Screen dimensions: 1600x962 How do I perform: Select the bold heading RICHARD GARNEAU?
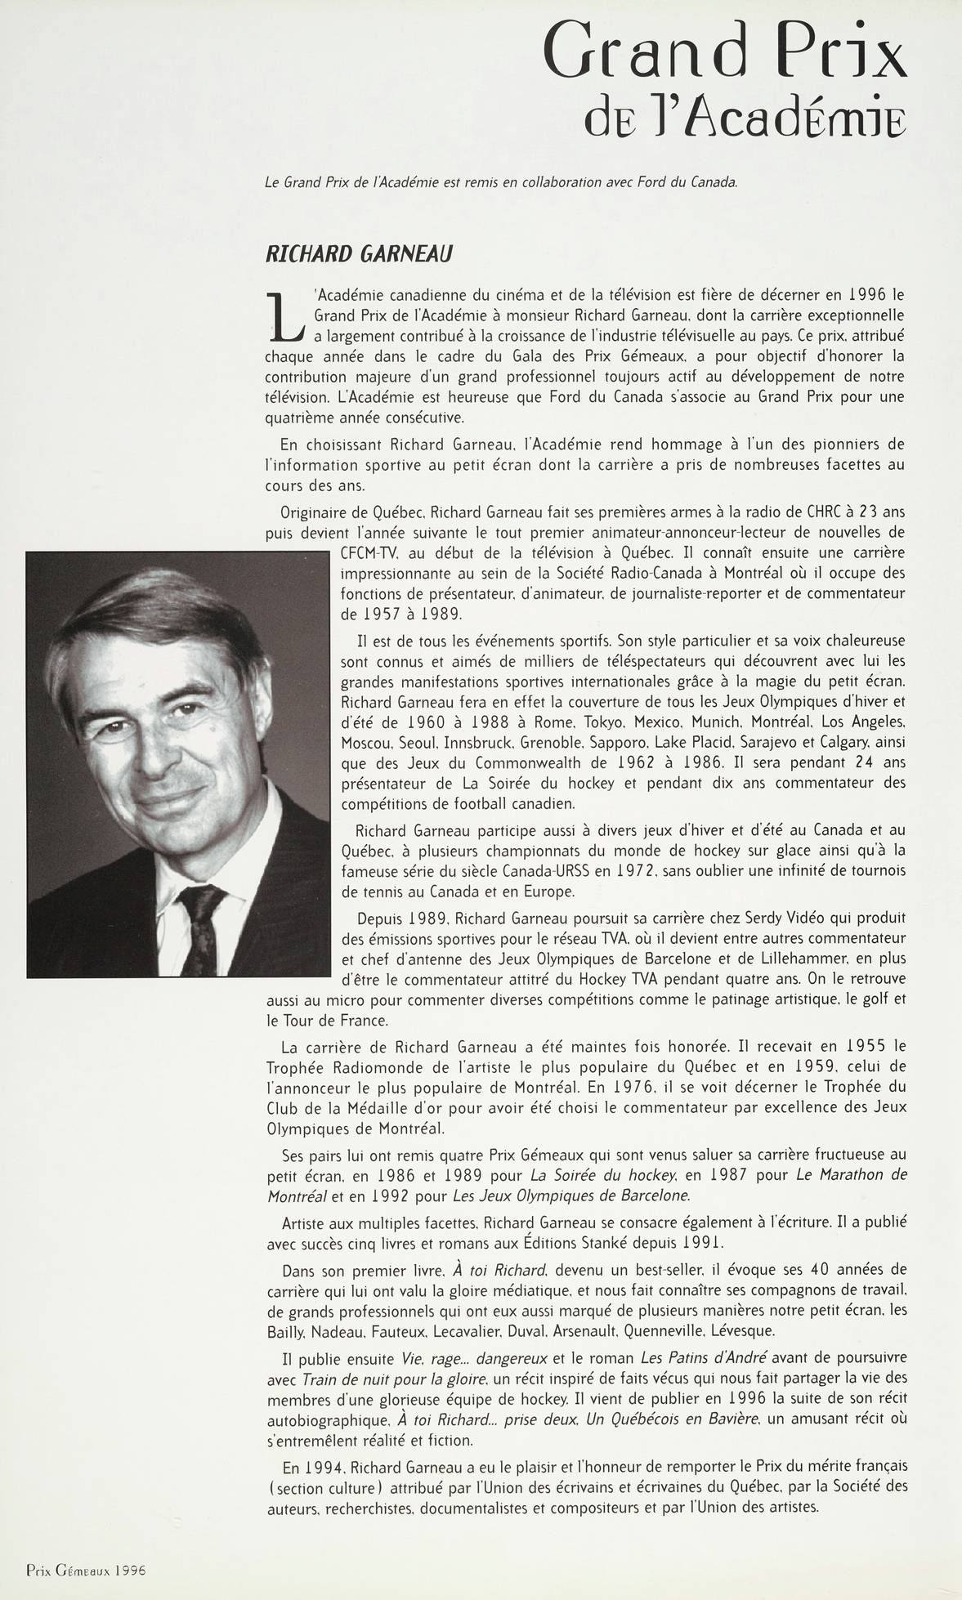coord(360,254)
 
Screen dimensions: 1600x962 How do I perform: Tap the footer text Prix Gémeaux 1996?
coord(86,1570)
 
